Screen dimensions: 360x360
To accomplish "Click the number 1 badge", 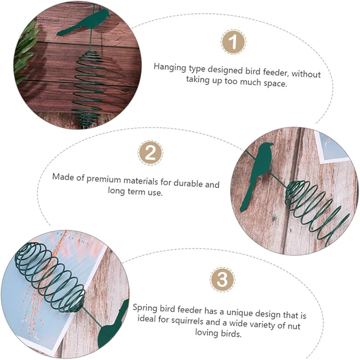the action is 233,42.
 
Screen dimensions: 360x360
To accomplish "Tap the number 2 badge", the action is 151,153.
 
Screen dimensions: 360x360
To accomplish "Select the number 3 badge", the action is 222,279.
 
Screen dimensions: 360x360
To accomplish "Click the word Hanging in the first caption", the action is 170,68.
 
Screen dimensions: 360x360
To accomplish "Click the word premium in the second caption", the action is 103,179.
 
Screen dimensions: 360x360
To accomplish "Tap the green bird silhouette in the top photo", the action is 84,22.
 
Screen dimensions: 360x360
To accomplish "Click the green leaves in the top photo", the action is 25,52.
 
